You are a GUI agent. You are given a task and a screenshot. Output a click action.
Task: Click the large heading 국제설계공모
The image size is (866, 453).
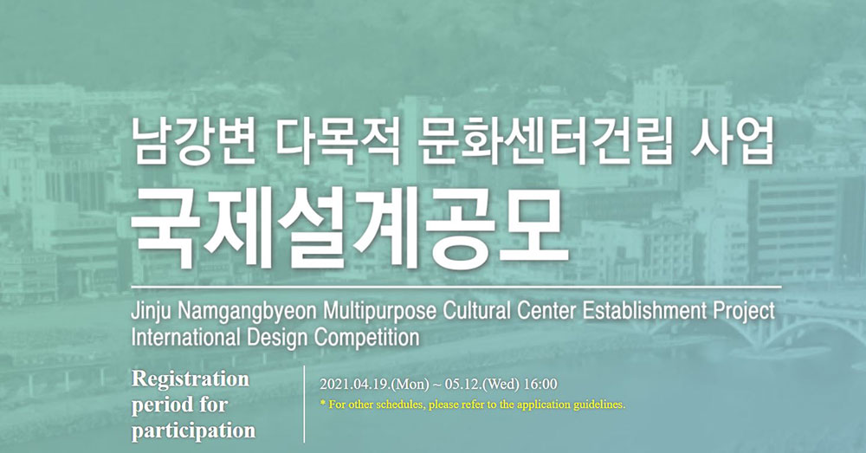pyautogui.click(x=349, y=228)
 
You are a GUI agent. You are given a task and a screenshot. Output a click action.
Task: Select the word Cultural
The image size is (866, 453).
pyautogui.click(x=476, y=311)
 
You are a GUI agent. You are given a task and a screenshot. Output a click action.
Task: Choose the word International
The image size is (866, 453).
pyautogui.click(x=185, y=337)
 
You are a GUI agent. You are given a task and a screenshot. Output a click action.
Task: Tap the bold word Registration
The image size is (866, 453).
pyautogui.click(x=191, y=380)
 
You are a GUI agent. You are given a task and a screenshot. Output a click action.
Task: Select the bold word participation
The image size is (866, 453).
pyautogui.click(x=193, y=430)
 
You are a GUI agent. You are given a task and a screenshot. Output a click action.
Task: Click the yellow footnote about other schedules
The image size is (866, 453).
pyautogui.click(x=473, y=404)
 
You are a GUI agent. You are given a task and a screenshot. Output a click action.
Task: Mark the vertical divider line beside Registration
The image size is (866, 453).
pyautogui.click(x=304, y=404)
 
